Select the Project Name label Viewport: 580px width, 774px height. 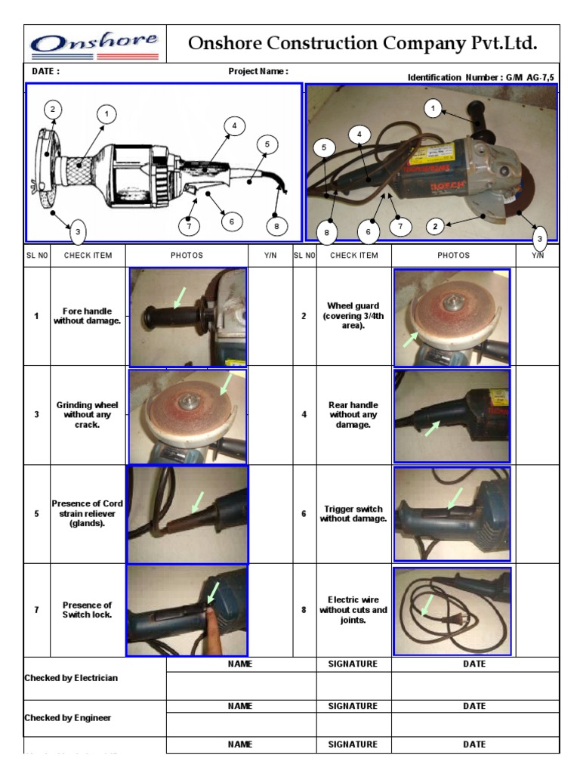[x=258, y=72]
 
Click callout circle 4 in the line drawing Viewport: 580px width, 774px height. [x=234, y=125]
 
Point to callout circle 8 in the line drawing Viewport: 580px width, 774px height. [x=276, y=224]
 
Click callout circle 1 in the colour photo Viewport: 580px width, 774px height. [x=433, y=109]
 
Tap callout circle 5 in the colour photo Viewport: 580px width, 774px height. [x=323, y=148]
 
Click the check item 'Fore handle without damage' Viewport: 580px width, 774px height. [x=88, y=316]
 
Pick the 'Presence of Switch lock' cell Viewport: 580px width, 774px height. [x=88, y=609]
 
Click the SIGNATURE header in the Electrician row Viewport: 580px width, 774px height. [x=353, y=664]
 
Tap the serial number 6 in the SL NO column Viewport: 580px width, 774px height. [x=304, y=514]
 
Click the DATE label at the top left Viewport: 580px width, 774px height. [x=45, y=72]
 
